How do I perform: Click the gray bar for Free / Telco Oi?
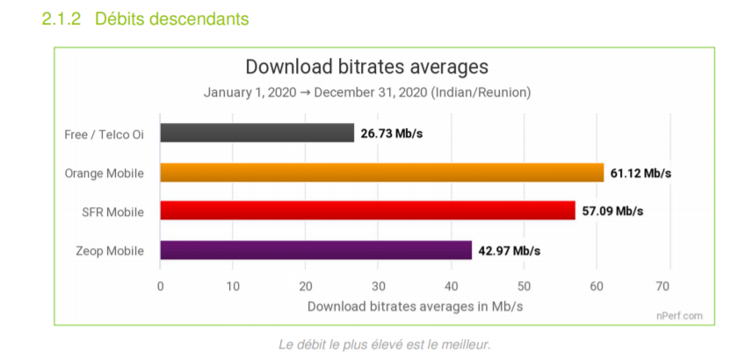(257, 133)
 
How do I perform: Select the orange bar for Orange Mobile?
(381, 173)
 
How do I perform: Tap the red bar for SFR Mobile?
(367, 212)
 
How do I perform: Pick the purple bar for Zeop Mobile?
(315, 250)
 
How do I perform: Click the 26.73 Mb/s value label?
(392, 134)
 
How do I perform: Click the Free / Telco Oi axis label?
(105, 134)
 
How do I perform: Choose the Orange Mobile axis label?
(105, 173)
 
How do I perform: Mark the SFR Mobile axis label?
(112, 212)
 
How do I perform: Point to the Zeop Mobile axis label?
(111, 251)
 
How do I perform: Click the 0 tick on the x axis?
(160, 286)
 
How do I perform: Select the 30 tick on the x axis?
(378, 286)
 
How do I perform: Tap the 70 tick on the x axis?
(669, 286)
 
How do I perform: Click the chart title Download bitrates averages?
(366, 67)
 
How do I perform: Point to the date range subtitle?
(366, 92)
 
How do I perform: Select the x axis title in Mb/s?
(414, 306)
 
